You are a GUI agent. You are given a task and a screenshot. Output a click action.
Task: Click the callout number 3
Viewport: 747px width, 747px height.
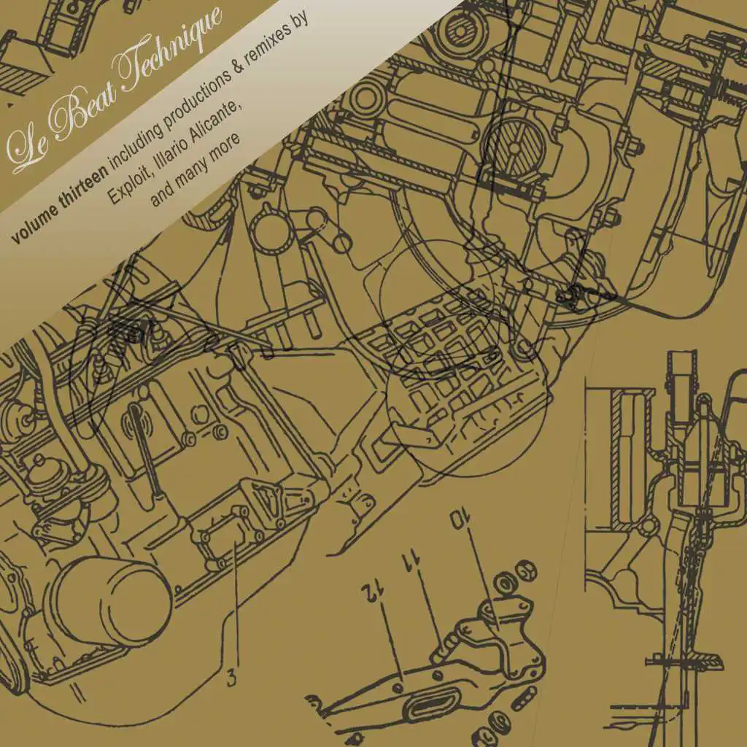(231, 678)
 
